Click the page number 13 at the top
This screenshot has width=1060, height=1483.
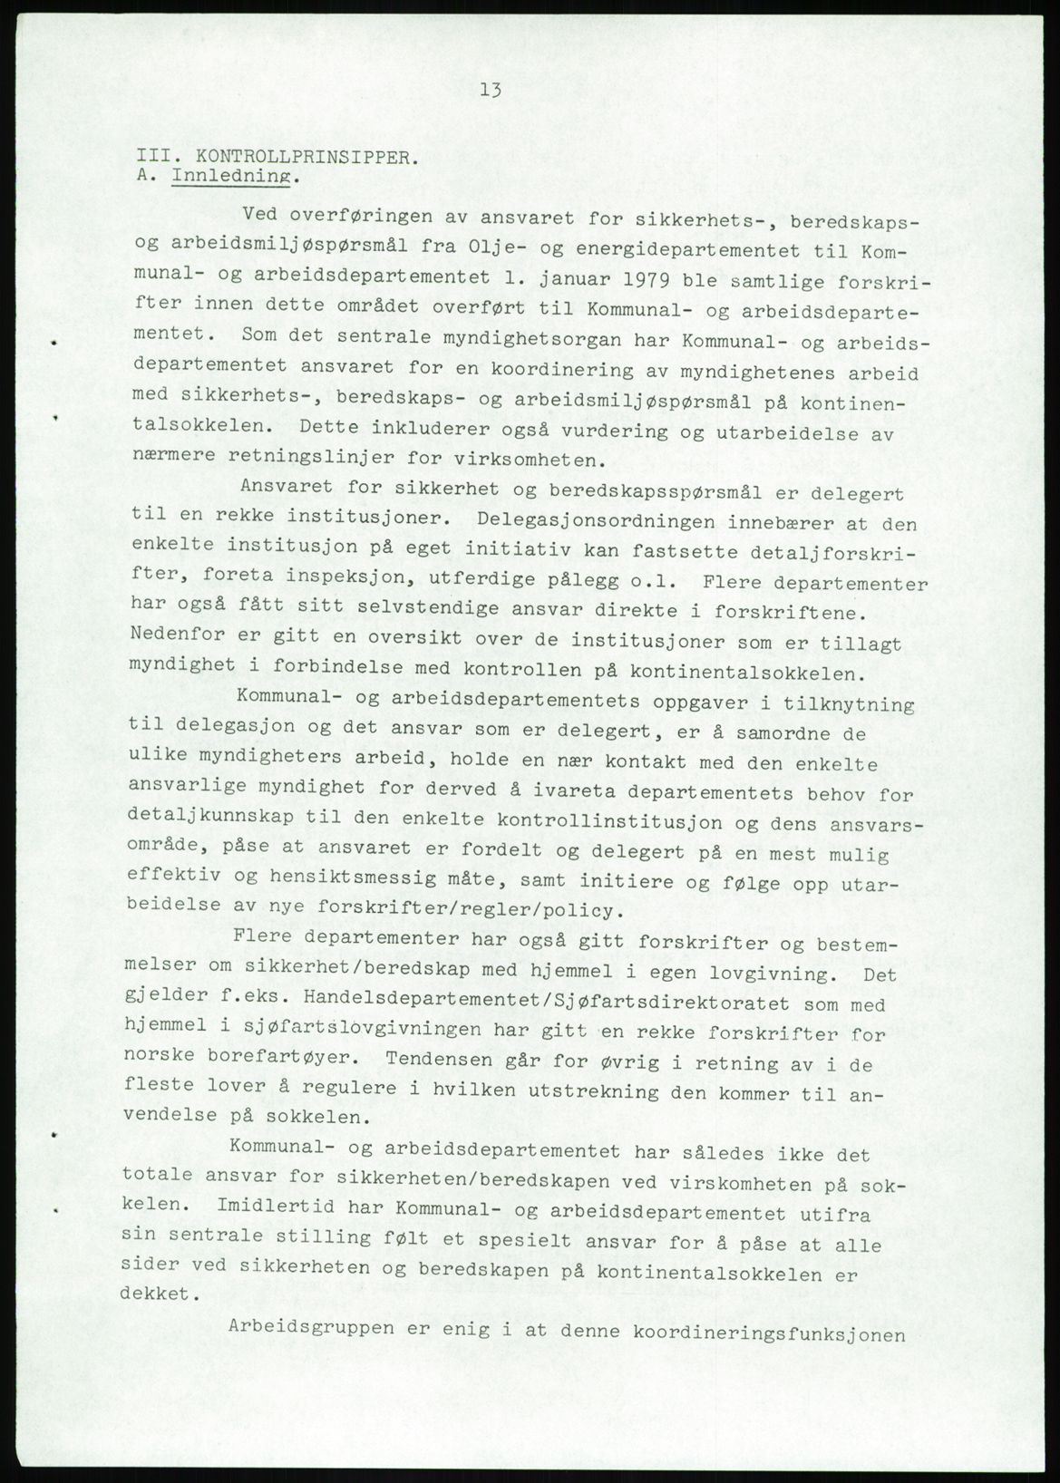click(491, 90)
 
